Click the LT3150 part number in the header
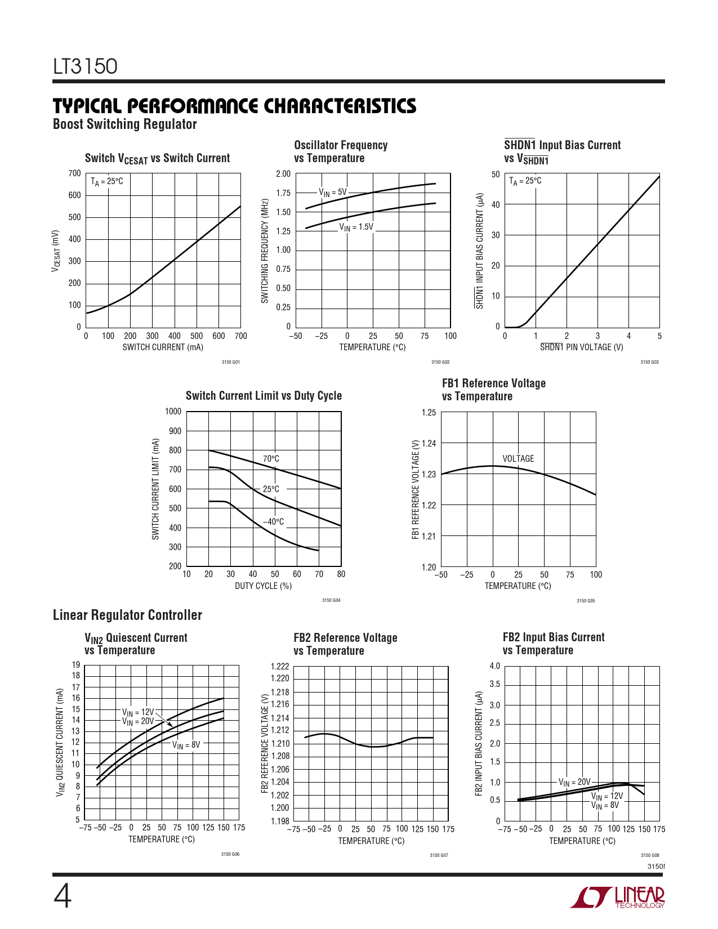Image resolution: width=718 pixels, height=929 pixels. coord(85,67)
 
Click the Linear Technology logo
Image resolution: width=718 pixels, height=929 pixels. coord(617,897)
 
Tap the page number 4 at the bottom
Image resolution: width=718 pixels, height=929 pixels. coord(63,897)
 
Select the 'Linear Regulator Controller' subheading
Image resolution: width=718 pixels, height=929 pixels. coord(127,615)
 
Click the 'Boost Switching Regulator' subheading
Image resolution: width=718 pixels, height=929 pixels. coord(124,124)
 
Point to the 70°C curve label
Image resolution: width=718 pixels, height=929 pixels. coord(271,459)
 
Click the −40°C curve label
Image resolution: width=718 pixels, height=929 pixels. coord(273,522)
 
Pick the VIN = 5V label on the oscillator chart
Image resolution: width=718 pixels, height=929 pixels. coord(333,193)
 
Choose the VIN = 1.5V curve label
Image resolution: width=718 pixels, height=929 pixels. coord(356,227)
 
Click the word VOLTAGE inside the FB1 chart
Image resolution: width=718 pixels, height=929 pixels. coord(518,458)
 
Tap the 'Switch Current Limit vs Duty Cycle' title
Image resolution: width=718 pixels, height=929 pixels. coord(264,395)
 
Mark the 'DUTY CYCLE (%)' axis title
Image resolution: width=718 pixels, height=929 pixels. coord(263,586)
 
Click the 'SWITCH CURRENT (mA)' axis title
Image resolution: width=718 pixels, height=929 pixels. coord(163,347)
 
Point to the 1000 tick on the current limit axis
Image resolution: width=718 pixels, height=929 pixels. coord(173,411)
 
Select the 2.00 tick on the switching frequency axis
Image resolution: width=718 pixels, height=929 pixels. coord(283,173)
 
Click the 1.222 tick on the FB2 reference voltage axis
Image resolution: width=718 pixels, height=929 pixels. coord(280,667)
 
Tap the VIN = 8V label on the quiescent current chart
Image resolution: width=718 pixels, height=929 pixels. coord(186,745)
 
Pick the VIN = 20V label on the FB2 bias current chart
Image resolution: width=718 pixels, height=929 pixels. coord(574,782)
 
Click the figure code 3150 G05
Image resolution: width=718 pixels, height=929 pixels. coord(586,601)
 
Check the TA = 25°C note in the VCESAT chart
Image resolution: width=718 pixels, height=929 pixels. coord(107,181)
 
